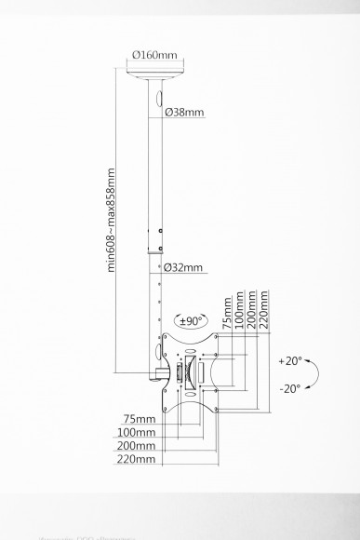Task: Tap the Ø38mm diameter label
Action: (183, 113)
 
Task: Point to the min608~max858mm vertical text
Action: (113, 218)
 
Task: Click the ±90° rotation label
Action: (191, 321)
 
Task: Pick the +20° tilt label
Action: (290, 359)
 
